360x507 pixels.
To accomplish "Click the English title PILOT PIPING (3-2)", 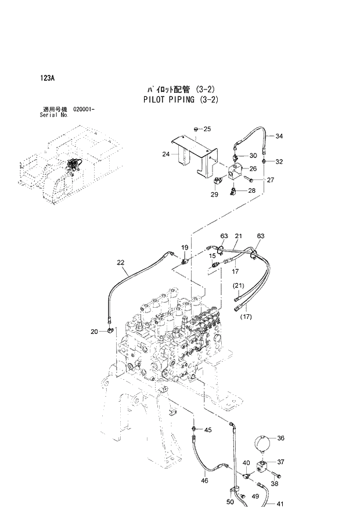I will coord(181,99).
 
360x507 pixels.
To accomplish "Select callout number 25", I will coord(207,128).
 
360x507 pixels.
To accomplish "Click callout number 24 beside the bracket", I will coord(165,154).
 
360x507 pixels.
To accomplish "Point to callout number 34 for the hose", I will coord(279,136).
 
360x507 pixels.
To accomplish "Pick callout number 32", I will coord(279,161).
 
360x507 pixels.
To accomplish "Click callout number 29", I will coord(214,194).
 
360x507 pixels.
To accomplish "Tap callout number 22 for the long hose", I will coord(121,263).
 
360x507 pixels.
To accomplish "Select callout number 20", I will coord(94,332).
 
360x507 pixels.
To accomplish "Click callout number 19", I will coord(185,248).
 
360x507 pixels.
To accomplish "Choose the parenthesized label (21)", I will coord(239,286).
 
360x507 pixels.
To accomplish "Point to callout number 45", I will coord(208,430).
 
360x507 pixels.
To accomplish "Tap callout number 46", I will coord(204,481).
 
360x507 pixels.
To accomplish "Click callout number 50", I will coord(230,501).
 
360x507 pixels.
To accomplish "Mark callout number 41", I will coord(280,503).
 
